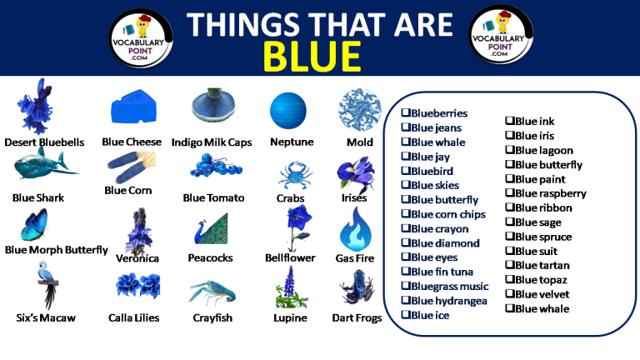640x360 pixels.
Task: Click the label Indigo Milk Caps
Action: point(212,142)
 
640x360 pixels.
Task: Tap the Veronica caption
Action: point(137,258)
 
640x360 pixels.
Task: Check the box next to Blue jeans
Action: point(406,127)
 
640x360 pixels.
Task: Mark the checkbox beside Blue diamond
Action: point(406,243)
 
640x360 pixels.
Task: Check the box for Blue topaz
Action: point(510,279)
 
